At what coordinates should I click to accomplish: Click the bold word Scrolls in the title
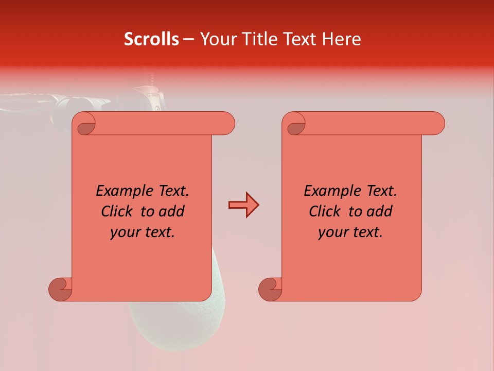(152, 39)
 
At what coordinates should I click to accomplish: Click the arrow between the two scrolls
(243, 205)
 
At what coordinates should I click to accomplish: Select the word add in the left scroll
(172, 211)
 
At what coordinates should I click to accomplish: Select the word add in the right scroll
(380, 211)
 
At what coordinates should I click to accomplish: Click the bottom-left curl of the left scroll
(61, 289)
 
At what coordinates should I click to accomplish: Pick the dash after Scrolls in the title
(189, 40)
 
